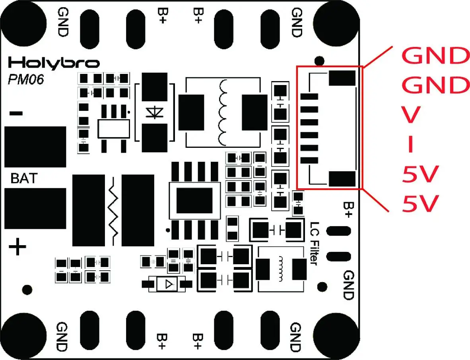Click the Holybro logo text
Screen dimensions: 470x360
coord(54,63)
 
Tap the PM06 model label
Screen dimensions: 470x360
coord(26,79)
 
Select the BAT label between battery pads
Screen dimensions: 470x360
coord(24,178)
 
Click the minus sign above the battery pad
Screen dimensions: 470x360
coord(16,113)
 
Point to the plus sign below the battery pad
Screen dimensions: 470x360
coord(17,246)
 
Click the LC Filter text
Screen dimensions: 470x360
coord(314,243)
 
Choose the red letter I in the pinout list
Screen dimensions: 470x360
coord(411,144)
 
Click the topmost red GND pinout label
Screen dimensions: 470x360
coord(435,55)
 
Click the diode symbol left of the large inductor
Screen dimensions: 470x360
coord(154,112)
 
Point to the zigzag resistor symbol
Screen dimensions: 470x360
coord(113,211)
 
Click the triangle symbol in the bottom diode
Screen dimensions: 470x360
coord(169,284)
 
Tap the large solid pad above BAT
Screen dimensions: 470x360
coord(35,147)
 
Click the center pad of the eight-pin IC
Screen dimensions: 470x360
coord(194,201)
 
